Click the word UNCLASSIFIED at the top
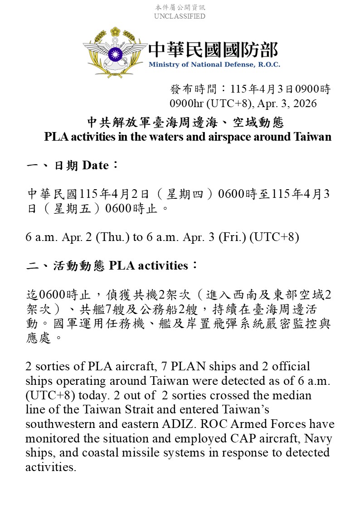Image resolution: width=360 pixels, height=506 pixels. click(180, 16)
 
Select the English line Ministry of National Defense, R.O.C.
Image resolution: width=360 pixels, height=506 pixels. click(214, 64)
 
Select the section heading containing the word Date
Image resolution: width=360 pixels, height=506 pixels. click(73, 165)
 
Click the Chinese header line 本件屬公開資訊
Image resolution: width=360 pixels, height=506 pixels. click(180, 8)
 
